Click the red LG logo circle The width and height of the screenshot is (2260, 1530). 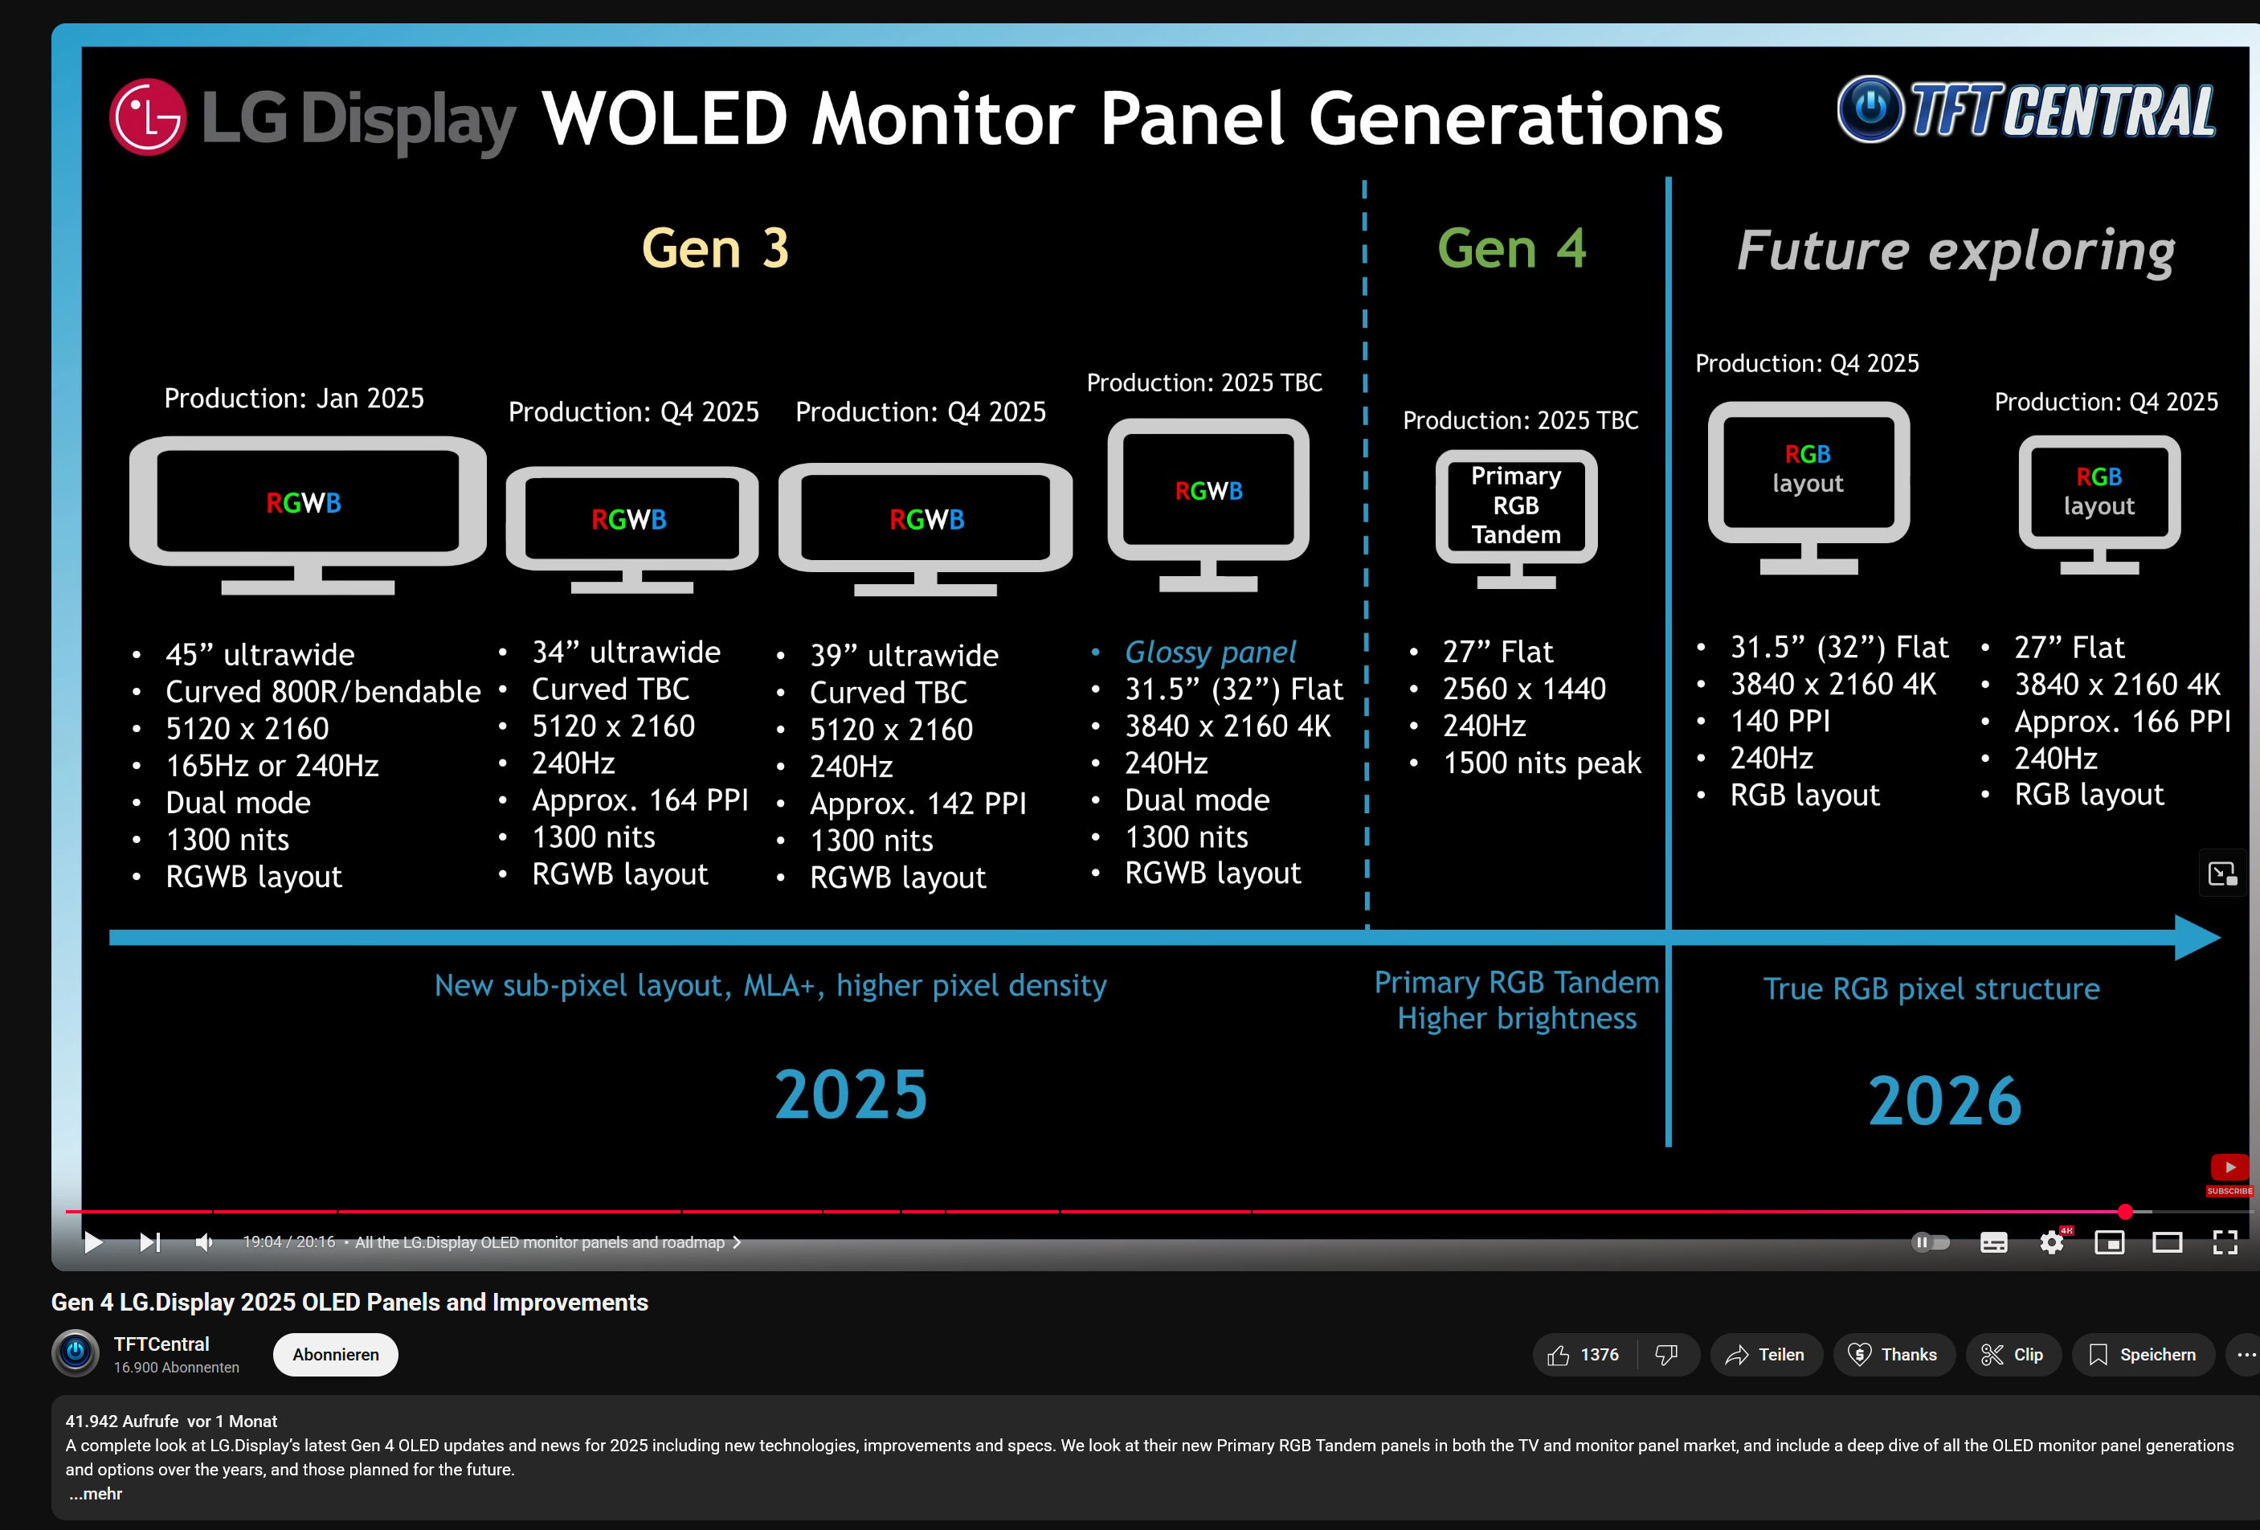pyautogui.click(x=148, y=117)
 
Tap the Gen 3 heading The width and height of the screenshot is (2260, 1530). pyautogui.click(x=715, y=248)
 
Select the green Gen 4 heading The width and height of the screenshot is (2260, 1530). pyautogui.click(x=1511, y=248)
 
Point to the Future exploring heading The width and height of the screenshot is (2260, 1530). pyautogui.click(x=1955, y=251)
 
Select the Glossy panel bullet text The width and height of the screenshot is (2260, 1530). pyautogui.click(x=1210, y=652)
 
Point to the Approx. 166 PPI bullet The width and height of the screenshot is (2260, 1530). pyautogui.click(x=2121, y=722)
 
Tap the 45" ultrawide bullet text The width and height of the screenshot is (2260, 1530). pyautogui.click(x=260, y=655)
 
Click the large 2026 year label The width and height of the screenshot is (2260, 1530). pyautogui.click(x=1944, y=1100)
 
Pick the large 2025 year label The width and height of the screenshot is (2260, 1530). pyautogui.click(x=850, y=1094)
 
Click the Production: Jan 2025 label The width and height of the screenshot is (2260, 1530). pyautogui.click(x=294, y=399)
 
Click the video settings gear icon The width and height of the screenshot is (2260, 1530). pyautogui.click(x=2051, y=1242)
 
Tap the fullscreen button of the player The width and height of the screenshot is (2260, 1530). pyautogui.click(x=2224, y=1242)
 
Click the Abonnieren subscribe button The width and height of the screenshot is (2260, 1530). pyautogui.click(x=336, y=1354)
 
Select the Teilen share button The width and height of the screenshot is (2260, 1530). pyautogui.click(x=1765, y=1354)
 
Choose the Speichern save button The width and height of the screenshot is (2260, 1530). pyautogui.click(x=2143, y=1354)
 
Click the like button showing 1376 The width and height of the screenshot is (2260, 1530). pyautogui.click(x=1584, y=1354)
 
